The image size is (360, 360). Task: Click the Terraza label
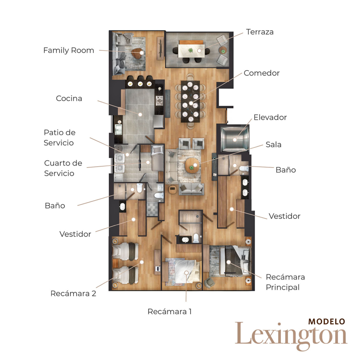(x=260, y=32)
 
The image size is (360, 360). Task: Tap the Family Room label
(x=68, y=50)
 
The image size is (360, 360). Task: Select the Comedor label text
(x=261, y=73)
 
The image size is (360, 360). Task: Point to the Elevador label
(x=270, y=117)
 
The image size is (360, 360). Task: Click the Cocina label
(x=69, y=98)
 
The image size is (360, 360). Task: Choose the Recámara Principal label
(x=285, y=282)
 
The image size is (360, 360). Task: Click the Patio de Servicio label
(x=59, y=138)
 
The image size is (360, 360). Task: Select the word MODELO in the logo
(x=327, y=322)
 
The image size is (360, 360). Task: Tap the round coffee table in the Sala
(x=192, y=165)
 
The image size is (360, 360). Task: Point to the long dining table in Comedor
(x=191, y=102)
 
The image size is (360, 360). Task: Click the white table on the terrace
(x=192, y=49)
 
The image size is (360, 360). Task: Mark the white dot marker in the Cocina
(x=140, y=114)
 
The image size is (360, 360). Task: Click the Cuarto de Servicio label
(x=63, y=168)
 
